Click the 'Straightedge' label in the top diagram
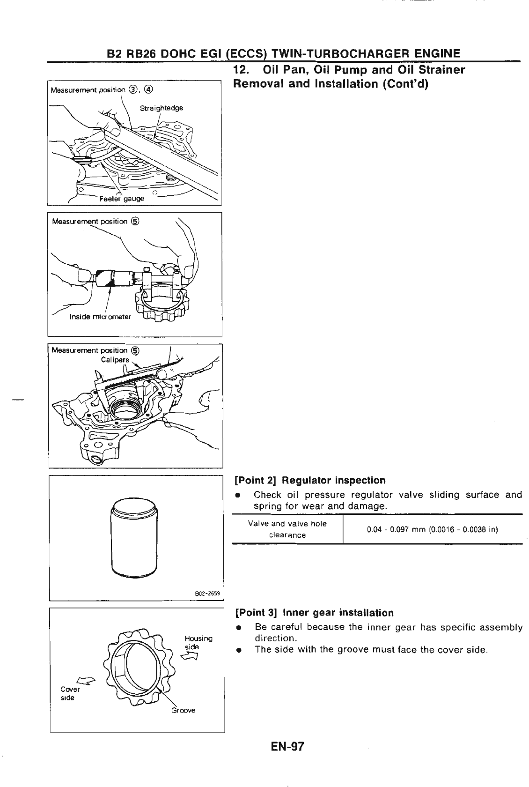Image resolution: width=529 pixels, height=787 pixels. tap(162, 108)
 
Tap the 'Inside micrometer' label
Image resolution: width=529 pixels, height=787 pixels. tap(101, 317)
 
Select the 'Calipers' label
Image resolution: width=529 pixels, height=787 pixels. tap(115, 360)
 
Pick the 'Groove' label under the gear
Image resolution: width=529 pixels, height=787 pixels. tap(183, 710)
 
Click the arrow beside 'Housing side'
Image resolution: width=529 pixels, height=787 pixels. tap(193, 656)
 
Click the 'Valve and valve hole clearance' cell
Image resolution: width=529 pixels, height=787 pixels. tap(287, 529)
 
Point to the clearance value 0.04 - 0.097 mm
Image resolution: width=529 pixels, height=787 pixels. tap(432, 530)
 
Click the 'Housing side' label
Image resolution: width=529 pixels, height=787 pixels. tap(198, 642)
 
